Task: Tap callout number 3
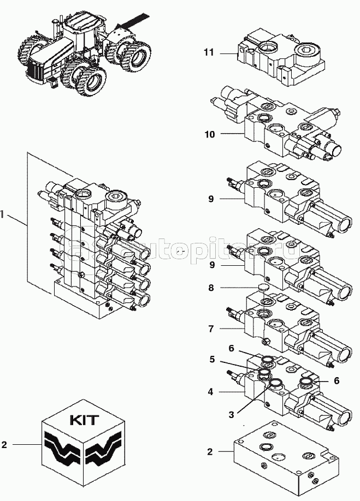click(231, 415)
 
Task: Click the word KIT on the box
click(84, 420)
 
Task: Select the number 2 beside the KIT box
click(4, 445)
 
